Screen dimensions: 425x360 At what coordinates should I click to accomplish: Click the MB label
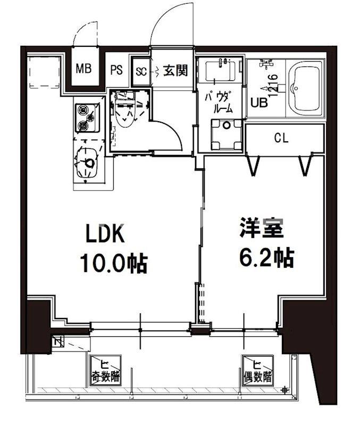[83, 69]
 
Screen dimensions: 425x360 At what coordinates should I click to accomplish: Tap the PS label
[116, 70]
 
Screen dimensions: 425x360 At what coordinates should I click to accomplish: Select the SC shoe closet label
[141, 70]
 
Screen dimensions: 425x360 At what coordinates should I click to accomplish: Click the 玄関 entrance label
[175, 70]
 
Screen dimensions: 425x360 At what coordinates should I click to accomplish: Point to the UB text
[259, 103]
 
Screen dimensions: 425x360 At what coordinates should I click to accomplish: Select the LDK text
[105, 234]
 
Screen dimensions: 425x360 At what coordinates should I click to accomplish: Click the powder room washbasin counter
[220, 72]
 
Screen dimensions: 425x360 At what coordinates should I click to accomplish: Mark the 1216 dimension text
[272, 85]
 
